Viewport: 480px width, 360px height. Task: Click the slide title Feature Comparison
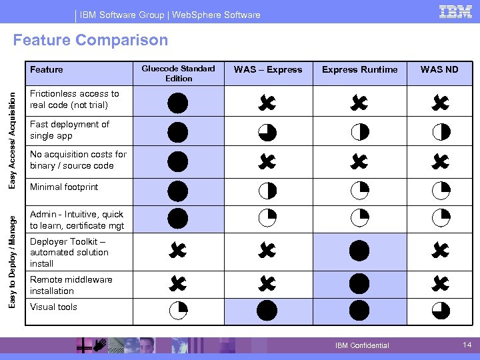coord(91,41)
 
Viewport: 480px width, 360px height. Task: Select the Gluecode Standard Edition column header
coord(179,73)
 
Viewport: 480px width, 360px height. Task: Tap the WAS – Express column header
coord(268,70)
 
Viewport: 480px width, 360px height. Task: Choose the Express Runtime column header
coord(360,70)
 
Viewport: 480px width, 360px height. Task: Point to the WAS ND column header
coord(439,70)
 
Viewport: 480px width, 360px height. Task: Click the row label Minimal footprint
coord(64,187)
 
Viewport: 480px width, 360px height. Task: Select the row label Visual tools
coord(53,307)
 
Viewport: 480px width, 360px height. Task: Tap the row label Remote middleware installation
coord(71,285)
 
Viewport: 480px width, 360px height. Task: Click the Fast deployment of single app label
coord(69,130)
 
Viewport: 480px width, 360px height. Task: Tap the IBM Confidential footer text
coord(362,345)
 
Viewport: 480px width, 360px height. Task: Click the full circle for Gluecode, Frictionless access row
coord(178,103)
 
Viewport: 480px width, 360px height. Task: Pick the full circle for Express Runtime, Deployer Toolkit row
coord(359,251)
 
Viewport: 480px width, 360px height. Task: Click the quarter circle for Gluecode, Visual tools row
coord(178,309)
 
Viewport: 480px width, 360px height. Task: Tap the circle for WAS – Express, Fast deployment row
coord(267,133)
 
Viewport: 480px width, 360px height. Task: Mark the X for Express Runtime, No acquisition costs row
coord(359,161)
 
